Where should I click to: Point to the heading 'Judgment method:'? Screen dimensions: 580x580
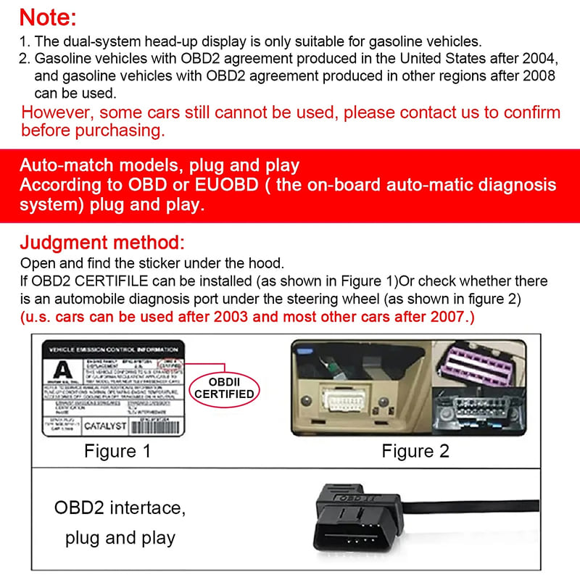click(102, 242)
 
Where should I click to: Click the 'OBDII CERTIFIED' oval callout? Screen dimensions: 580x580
click(225, 388)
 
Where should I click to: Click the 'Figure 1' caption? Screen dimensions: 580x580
click(117, 451)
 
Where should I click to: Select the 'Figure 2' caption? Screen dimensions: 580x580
click(415, 451)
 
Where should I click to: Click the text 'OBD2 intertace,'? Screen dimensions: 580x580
click(120, 507)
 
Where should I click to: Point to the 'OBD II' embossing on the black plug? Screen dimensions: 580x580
click(355, 495)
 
